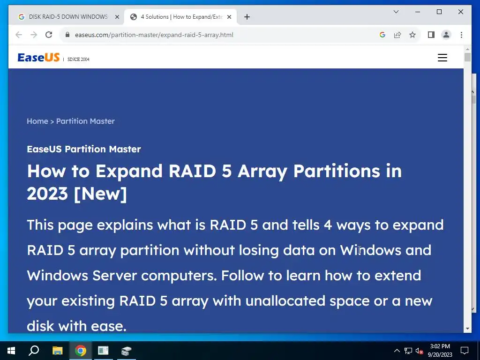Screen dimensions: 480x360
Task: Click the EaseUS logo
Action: [x=38, y=58]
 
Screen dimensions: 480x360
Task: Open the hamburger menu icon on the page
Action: [x=442, y=58]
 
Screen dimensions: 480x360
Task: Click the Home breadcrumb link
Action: [x=37, y=121]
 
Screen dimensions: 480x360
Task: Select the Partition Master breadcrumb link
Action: [x=85, y=121]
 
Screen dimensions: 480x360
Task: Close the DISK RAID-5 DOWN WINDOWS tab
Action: [x=117, y=17]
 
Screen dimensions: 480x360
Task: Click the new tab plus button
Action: [x=247, y=17]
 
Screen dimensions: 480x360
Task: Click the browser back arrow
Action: [x=19, y=35]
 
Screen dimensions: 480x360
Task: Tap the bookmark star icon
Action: [x=412, y=35]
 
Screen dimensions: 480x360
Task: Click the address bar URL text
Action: [x=154, y=35]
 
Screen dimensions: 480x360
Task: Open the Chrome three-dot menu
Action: [x=461, y=35]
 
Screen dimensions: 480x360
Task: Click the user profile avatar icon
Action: [x=446, y=35]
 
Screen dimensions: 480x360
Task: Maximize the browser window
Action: [x=439, y=12]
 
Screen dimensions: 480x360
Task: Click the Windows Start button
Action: [x=11, y=351]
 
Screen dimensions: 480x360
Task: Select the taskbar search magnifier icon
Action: [x=34, y=351]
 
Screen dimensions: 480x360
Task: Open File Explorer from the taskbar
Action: [x=57, y=351]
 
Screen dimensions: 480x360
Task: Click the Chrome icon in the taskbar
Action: [x=80, y=351]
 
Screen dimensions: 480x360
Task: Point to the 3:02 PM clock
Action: [x=440, y=346]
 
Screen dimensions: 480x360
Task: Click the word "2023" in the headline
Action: [x=47, y=194]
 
